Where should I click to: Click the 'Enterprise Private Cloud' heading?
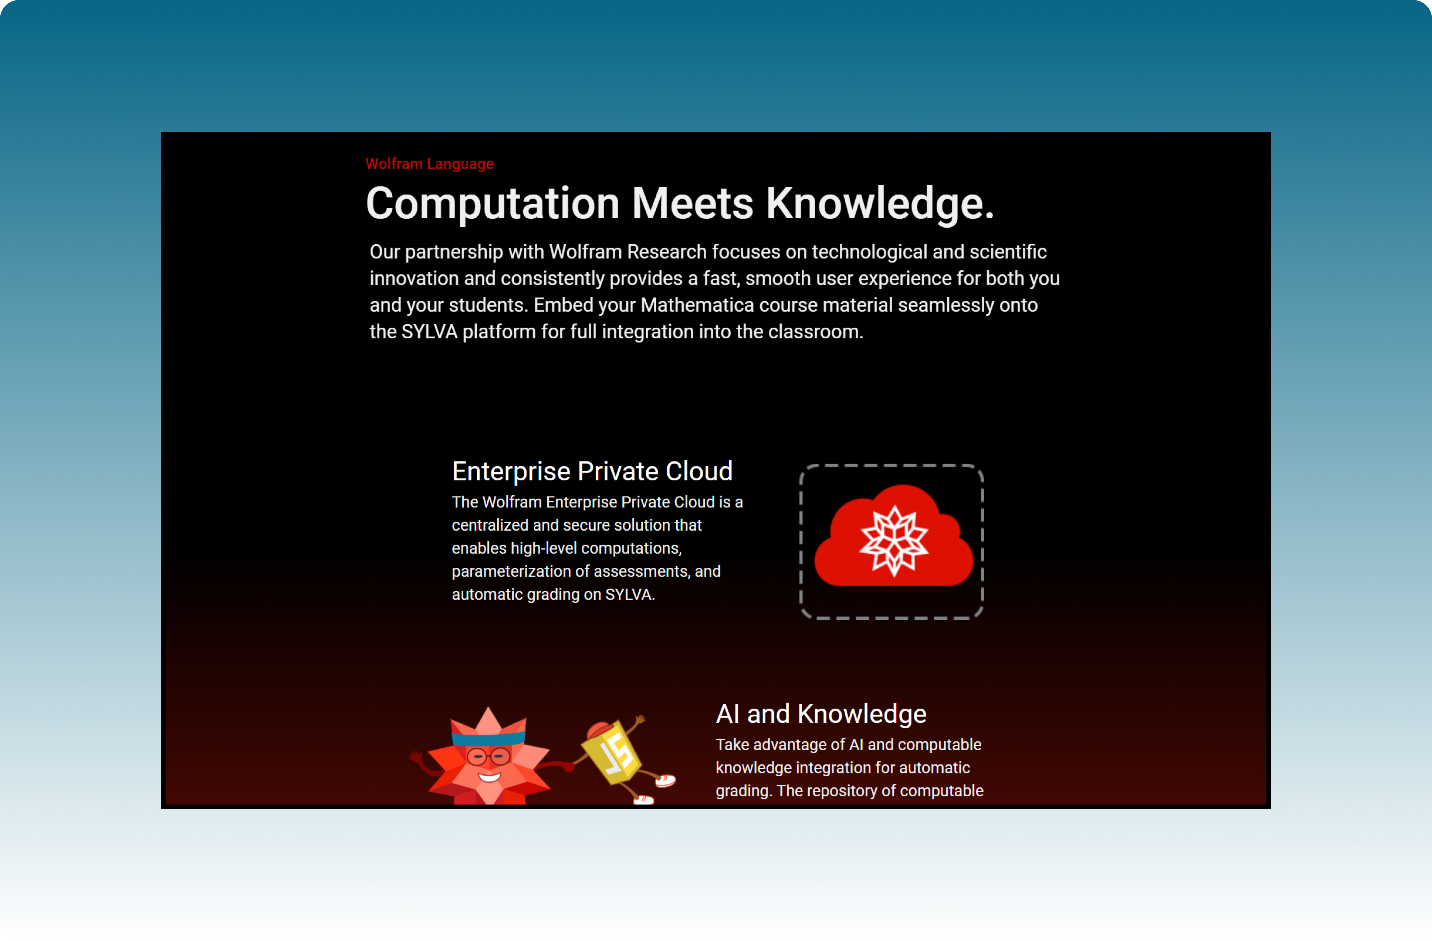(x=592, y=471)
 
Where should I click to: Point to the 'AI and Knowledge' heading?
(x=821, y=714)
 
